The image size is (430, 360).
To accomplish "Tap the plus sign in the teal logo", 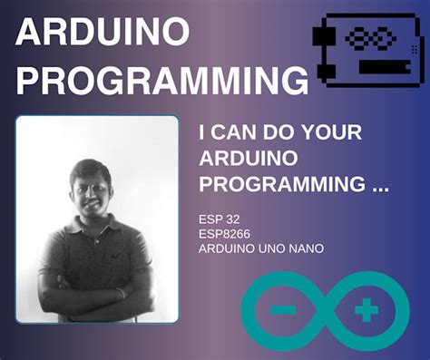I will tap(366, 311).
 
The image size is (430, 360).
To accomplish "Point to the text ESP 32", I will tap(218, 219).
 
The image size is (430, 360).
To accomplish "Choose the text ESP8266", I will tap(222, 233).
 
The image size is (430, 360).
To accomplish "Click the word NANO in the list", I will tap(304, 248).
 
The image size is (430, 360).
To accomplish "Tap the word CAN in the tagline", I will tap(237, 132).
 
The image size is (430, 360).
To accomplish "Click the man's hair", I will tap(90, 166).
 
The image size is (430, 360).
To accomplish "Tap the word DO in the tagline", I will tap(281, 132).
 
